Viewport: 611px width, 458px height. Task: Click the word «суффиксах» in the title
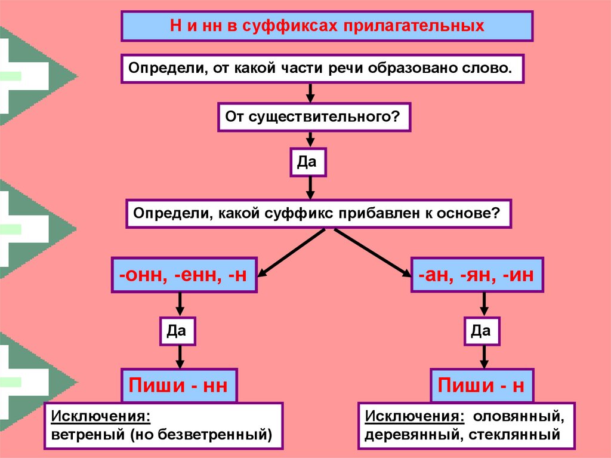click(x=291, y=26)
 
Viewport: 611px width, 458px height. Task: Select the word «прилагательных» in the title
click(x=414, y=26)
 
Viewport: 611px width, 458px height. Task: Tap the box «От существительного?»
click(x=314, y=117)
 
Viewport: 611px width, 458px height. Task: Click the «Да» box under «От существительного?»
click(x=308, y=162)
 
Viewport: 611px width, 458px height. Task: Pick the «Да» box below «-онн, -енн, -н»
click(x=177, y=331)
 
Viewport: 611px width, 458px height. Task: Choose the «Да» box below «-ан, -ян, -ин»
click(x=482, y=331)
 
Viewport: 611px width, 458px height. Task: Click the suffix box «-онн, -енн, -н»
click(x=184, y=275)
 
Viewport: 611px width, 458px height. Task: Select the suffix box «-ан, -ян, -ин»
click(x=477, y=275)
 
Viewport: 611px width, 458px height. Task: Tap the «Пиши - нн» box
click(x=179, y=385)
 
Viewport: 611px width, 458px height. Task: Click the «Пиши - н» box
click(x=482, y=385)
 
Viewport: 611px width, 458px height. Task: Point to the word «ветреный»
click(x=88, y=434)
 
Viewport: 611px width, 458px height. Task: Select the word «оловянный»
click(x=519, y=417)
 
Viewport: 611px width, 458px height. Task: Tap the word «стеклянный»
click(x=514, y=435)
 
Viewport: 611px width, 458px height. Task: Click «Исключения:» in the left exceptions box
click(x=100, y=416)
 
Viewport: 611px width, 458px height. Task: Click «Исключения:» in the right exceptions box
click(x=415, y=416)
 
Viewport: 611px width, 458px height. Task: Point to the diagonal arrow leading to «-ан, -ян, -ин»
click(x=373, y=253)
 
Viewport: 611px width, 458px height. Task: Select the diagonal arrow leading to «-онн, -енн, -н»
click(x=291, y=253)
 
